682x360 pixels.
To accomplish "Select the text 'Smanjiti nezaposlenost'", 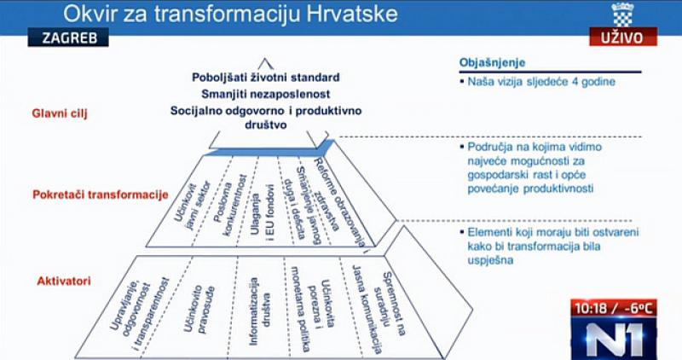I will (x=266, y=94).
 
